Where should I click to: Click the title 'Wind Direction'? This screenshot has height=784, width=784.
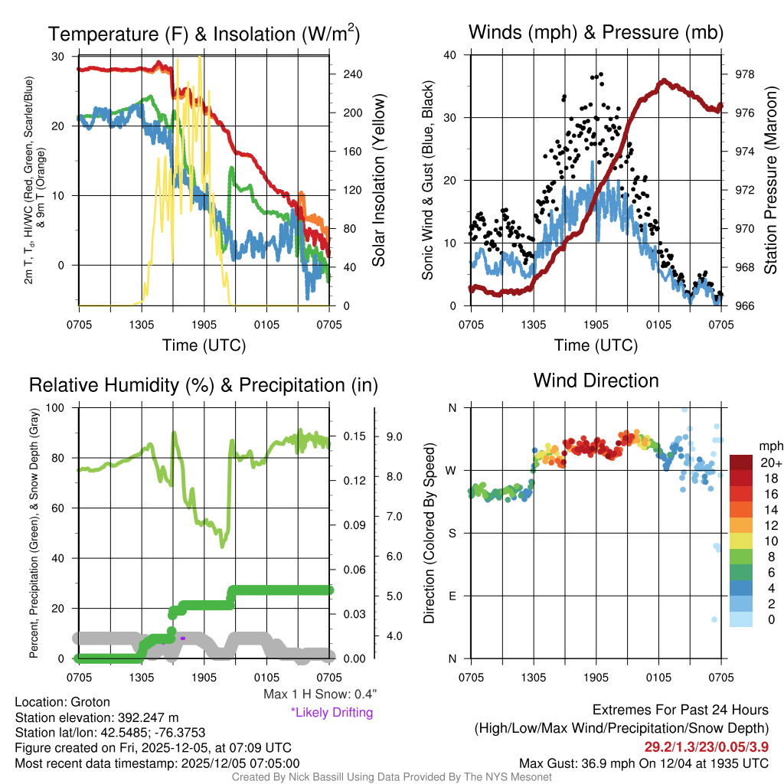(x=596, y=381)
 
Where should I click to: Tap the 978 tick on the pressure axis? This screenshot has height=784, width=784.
(x=744, y=74)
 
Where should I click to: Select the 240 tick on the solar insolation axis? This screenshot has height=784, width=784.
(x=352, y=74)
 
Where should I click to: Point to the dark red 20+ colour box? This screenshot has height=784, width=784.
(x=741, y=463)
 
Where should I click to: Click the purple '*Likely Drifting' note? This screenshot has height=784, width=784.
(x=332, y=712)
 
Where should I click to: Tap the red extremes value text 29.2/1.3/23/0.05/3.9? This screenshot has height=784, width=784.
(x=707, y=746)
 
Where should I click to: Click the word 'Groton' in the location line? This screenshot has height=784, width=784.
(x=90, y=702)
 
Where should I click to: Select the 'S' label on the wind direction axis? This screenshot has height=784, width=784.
(x=452, y=533)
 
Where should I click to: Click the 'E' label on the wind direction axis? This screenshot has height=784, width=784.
(x=452, y=596)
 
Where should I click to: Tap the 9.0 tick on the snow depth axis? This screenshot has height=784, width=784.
(x=395, y=436)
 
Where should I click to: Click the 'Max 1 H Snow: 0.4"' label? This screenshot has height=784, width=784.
(x=319, y=694)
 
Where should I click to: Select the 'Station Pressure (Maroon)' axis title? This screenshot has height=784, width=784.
(x=770, y=180)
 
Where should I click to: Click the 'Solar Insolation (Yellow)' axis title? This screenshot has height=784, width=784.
(x=378, y=180)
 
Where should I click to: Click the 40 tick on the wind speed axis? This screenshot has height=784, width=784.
(x=450, y=55)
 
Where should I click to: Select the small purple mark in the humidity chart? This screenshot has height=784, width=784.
(x=183, y=637)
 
